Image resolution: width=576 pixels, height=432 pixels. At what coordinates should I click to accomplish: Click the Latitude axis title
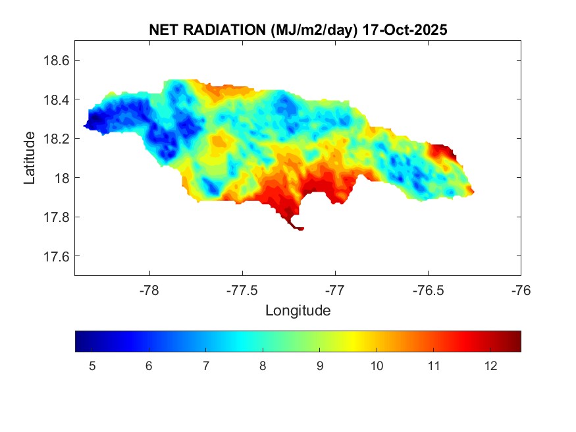[x=30, y=158]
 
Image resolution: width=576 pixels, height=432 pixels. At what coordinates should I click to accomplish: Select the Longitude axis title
[x=298, y=310]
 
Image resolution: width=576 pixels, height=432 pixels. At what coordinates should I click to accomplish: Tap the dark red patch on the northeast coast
[x=444, y=151]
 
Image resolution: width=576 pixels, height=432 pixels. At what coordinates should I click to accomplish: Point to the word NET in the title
[x=164, y=30]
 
